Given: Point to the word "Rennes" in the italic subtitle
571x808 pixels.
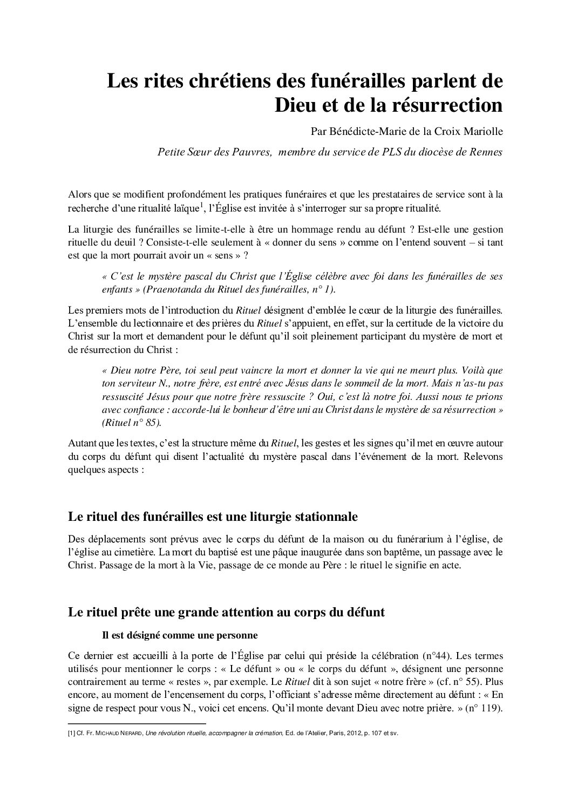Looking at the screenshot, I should click(486, 152).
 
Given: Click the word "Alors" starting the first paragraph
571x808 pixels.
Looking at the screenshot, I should click(80, 194).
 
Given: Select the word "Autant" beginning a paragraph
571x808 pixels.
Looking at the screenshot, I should click(81, 443).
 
